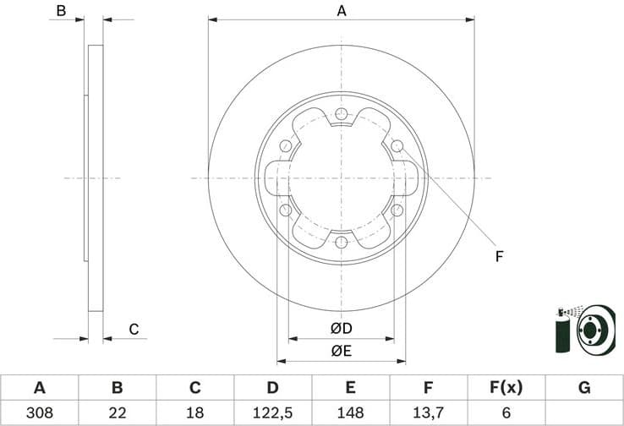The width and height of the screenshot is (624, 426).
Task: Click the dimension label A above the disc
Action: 342,11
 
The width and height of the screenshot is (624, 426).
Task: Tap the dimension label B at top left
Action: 59,11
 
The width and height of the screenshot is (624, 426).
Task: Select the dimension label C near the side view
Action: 134,329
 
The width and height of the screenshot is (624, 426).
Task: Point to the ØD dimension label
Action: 341,328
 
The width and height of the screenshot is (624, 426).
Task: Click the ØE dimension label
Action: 341,350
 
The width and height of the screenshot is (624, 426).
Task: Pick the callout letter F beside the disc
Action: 499,255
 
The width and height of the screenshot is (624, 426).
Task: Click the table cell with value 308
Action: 39,413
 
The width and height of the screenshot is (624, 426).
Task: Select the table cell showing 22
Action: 118,413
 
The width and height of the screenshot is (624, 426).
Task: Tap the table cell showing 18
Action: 194,413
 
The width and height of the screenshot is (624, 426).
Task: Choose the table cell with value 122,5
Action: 272,413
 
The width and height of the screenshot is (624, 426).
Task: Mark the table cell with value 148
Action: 350,413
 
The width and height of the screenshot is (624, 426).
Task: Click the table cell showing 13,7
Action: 428,413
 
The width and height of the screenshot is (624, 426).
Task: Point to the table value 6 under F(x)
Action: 506,413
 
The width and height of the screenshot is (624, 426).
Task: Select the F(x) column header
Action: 506,388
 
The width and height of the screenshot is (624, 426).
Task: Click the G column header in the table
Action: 583,388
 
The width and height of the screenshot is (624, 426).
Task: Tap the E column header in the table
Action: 350,388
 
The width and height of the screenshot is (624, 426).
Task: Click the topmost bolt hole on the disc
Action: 341,114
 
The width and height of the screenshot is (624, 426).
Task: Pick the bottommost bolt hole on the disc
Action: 341,243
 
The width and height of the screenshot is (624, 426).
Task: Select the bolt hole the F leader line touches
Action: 397,146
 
